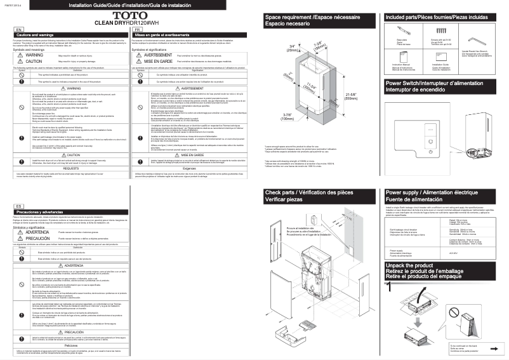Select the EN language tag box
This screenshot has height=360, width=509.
pos(19,29)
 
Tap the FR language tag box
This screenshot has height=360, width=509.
pos(137,29)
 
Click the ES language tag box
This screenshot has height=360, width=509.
pos(19,189)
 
